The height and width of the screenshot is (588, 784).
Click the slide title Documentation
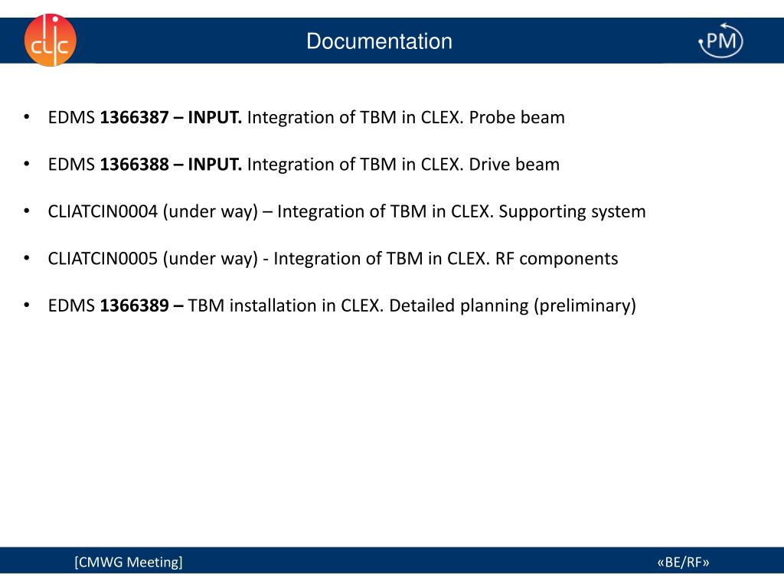click(379, 41)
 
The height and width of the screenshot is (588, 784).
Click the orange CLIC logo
click(50, 40)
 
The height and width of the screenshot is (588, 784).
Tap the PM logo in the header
click(720, 41)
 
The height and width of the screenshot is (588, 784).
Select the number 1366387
click(134, 118)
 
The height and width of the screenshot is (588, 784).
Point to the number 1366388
click(134, 165)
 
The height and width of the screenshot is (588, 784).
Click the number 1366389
click(134, 306)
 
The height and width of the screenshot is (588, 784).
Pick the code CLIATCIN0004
click(103, 212)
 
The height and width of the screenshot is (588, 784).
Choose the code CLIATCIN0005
click(103, 259)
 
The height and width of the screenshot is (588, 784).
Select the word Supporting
click(542, 212)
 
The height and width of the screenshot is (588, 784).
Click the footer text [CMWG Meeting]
click(129, 563)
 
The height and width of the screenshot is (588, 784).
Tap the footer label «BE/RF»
click(683, 563)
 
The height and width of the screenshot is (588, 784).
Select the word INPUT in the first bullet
click(215, 118)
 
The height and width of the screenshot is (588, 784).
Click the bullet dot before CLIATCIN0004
click(27, 212)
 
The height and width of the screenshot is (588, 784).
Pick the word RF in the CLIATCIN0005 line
click(505, 259)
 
